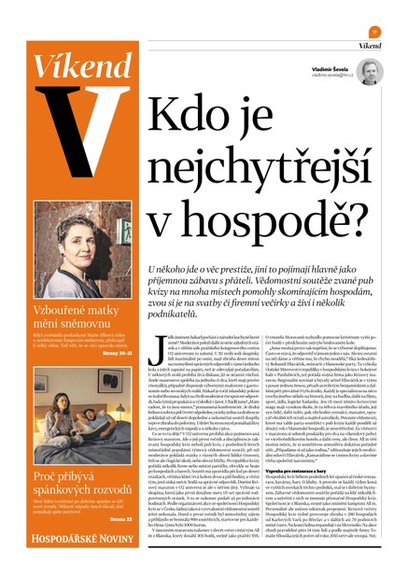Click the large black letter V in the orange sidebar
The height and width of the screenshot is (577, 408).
click(x=79, y=130)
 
